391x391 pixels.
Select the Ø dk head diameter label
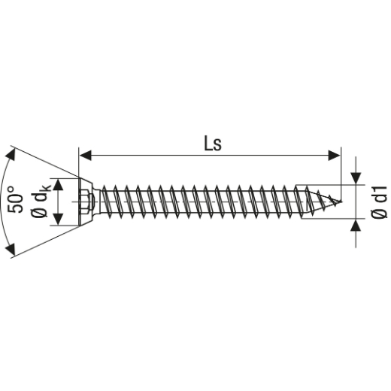tap(44, 202)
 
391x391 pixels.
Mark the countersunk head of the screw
tap(84, 202)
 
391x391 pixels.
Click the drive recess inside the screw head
tap(86, 202)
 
